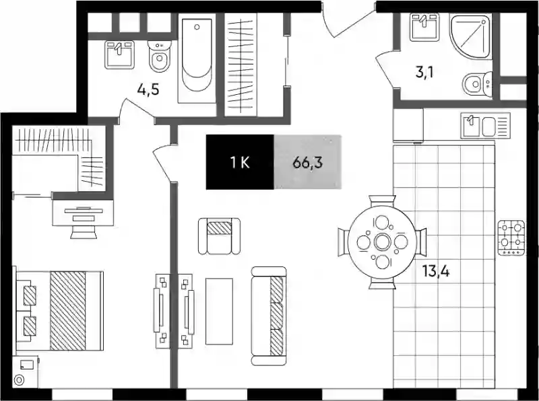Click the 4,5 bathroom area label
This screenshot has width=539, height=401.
click(x=148, y=90)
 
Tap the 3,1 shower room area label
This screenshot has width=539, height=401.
click(x=424, y=73)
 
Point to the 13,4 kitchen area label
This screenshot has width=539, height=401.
click(x=436, y=272)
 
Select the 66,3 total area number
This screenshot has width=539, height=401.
click(x=308, y=162)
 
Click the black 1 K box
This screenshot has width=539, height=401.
click(x=240, y=162)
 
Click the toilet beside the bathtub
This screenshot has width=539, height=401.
click(x=160, y=57)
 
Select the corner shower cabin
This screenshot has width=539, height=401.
click(x=470, y=36)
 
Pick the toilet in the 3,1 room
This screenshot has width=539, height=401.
click(x=477, y=84)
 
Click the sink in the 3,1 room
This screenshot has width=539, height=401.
click(x=424, y=27)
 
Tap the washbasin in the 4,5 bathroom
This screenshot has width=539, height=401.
click(x=119, y=54)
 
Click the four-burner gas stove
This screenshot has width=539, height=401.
click(x=511, y=238)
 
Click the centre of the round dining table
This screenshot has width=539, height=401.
click(x=382, y=242)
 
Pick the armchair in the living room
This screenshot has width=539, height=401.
click(x=220, y=236)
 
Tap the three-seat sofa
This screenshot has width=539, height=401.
click(x=269, y=316)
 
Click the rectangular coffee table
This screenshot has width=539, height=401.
click(x=220, y=311)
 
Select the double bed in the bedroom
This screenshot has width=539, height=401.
click(x=59, y=311)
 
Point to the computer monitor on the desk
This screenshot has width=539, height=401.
click(x=83, y=210)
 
